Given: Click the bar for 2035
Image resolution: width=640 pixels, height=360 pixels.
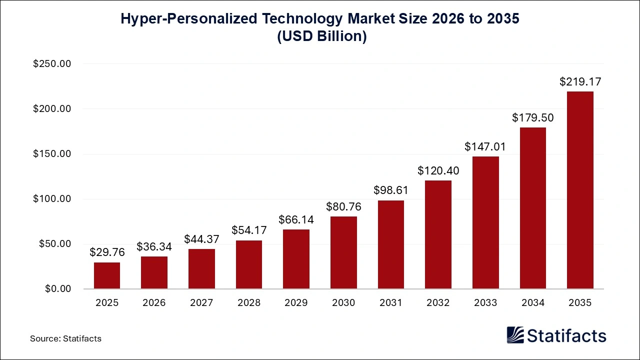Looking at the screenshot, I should [x=580, y=190].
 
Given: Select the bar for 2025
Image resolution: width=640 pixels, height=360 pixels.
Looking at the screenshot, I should [x=107, y=275].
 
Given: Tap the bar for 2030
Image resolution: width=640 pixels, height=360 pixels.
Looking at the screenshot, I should [x=343, y=252].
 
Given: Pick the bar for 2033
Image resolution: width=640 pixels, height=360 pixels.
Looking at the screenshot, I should [x=485, y=222].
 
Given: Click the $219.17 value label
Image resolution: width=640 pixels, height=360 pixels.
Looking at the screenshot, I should [x=580, y=81].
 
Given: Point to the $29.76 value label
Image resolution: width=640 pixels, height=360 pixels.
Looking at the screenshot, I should [x=107, y=252].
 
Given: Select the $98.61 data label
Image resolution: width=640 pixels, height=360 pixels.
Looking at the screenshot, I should [x=391, y=190].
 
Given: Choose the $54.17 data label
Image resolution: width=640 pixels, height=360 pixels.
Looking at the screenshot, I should [x=249, y=230].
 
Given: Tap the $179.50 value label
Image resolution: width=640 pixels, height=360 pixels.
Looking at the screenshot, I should [x=532, y=117].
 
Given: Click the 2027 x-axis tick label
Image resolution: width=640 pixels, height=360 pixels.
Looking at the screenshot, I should [x=201, y=302].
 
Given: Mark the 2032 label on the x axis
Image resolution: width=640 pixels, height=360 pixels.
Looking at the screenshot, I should [x=438, y=302].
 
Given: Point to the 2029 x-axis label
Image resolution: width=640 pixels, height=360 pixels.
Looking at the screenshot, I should [x=296, y=302].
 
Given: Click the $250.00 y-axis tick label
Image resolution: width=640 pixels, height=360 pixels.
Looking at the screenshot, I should [x=52, y=64].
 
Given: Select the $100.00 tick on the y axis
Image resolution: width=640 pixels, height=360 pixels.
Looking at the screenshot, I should [x=52, y=199].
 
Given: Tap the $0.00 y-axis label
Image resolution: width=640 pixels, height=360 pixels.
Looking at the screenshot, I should [x=57, y=289].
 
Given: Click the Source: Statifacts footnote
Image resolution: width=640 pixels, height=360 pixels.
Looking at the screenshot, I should [x=65, y=338].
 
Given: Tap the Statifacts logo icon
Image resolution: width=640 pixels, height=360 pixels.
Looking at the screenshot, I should [x=515, y=335].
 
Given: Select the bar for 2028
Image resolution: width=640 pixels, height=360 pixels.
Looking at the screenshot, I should [x=249, y=264].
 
